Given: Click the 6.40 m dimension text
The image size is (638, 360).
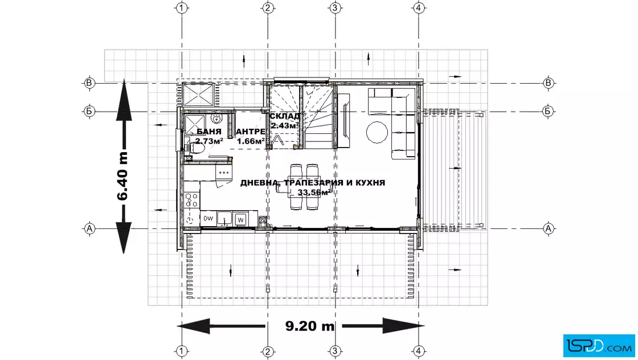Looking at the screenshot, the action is (x=122, y=176).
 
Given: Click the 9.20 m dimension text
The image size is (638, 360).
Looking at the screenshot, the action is (x=310, y=326).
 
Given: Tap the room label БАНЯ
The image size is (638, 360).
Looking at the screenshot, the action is (x=208, y=132).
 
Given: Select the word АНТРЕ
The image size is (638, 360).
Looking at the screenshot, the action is (x=251, y=132).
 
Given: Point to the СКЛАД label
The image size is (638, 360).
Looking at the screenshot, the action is (x=284, y=116).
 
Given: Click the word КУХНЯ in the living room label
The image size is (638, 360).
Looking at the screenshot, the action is (x=370, y=183).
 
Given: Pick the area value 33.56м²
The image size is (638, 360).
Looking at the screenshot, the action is (x=313, y=192).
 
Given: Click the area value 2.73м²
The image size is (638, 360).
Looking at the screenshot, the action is (x=208, y=141).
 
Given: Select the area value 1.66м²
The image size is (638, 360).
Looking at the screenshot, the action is (x=251, y=141).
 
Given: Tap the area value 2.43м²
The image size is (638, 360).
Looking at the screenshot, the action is (x=284, y=126).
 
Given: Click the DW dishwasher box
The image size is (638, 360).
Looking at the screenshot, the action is (x=208, y=218).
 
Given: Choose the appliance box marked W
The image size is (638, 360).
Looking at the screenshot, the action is (x=240, y=220).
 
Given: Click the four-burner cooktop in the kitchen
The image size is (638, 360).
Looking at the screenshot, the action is (x=191, y=200).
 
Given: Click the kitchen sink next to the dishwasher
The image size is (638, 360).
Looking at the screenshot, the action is (x=224, y=219).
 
